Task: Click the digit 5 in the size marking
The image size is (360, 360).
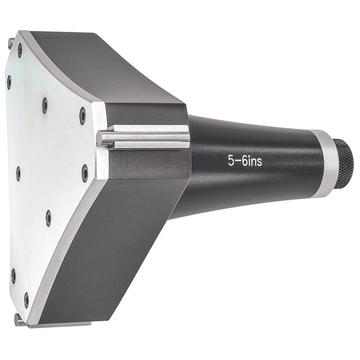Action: click(x=231, y=161)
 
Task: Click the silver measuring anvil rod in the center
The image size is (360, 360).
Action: click(x=144, y=137)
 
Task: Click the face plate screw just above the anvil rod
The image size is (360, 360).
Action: click(x=82, y=115)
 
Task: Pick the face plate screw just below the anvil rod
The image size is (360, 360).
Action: click(x=85, y=173)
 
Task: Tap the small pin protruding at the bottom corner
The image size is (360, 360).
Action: click(x=17, y=319)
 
